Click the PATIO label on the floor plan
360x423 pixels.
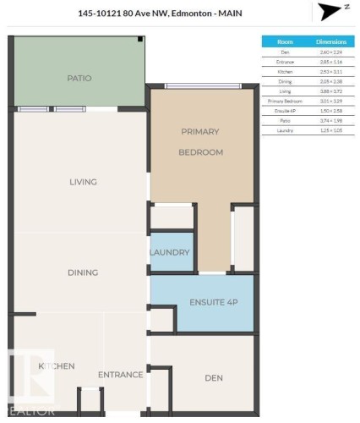pos(79,79)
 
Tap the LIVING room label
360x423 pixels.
pos(83,182)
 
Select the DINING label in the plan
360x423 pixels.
pos(83,272)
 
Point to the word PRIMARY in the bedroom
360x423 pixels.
pos(200,132)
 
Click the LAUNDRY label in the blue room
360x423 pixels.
pos(169,253)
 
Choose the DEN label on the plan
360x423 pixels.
pos(213,378)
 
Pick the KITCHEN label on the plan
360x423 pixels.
pos(57,366)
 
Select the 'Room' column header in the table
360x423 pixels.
pos(285,41)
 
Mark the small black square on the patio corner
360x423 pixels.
pos(140,40)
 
